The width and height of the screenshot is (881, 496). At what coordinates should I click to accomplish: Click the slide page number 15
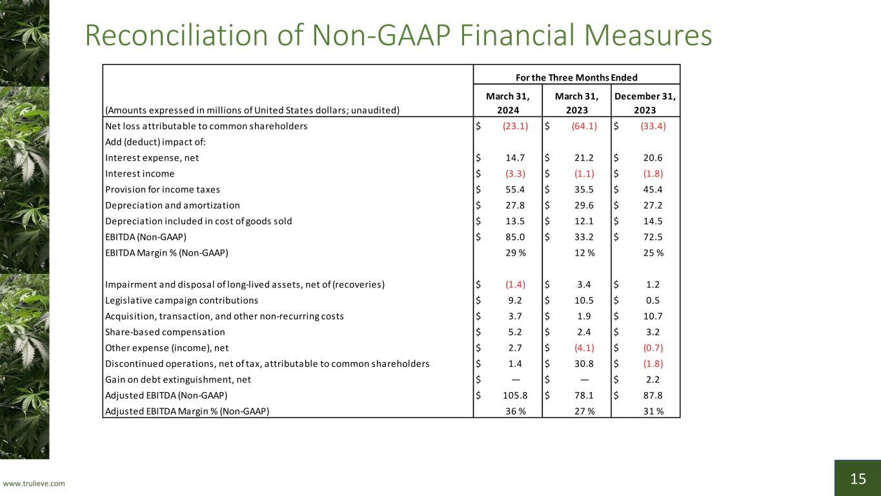[x=858, y=479]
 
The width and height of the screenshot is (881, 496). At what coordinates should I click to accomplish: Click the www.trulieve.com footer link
[x=34, y=483]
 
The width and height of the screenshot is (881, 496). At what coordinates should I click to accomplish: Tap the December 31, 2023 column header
[x=645, y=103]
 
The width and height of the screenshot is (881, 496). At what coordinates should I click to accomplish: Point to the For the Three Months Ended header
[x=576, y=77]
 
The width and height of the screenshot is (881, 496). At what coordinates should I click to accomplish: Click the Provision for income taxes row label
[x=163, y=189]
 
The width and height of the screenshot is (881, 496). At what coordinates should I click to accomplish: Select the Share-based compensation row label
[x=165, y=332]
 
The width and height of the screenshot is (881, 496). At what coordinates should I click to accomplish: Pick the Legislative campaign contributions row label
[x=181, y=300]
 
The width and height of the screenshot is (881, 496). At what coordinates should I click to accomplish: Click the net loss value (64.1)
[x=584, y=126]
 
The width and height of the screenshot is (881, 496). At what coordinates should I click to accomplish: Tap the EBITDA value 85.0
[x=515, y=237]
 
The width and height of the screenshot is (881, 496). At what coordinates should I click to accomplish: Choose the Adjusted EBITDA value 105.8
[x=515, y=395]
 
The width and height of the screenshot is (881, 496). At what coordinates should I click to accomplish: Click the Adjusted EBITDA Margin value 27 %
[x=585, y=411]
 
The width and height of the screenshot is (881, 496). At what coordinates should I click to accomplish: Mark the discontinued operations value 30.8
[x=584, y=364]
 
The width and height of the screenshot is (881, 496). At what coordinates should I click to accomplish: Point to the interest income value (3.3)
[x=515, y=174]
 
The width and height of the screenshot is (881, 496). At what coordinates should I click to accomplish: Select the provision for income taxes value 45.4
[x=653, y=189]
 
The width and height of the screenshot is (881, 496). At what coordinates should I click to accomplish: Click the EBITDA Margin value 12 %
[x=585, y=253]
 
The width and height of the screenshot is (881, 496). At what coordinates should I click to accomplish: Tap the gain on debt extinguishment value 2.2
[x=653, y=380]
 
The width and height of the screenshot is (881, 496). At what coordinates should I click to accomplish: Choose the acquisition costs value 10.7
[x=653, y=316]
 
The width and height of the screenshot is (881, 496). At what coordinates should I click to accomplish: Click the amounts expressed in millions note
[x=252, y=110]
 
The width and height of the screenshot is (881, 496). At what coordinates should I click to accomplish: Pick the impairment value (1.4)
[x=515, y=285]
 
